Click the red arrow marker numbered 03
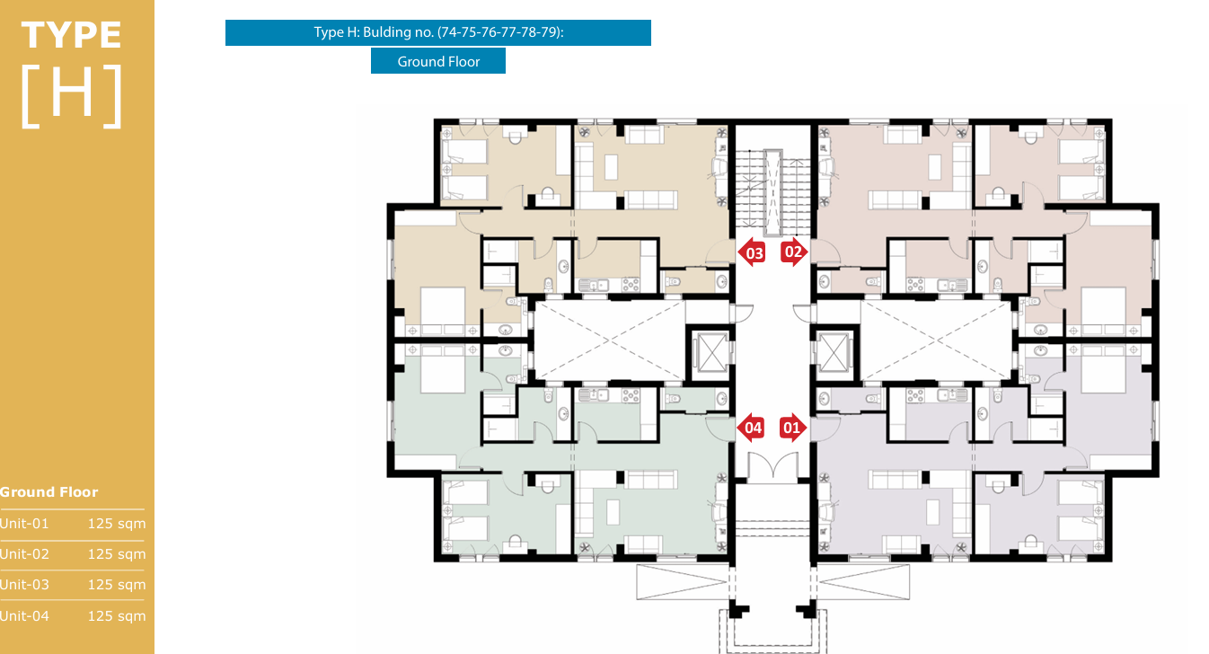tap(751, 252)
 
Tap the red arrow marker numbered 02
tap(794, 252)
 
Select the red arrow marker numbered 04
tap(750, 428)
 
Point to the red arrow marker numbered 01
tap(793, 428)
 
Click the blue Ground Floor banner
tap(438, 61)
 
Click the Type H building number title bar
tap(438, 32)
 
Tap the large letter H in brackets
tap(72, 96)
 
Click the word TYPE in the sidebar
tap(71, 35)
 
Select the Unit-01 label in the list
tap(24, 524)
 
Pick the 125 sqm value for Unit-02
tap(117, 554)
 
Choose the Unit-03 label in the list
tap(24, 585)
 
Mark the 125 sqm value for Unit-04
tap(117, 615)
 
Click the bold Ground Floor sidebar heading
tap(49, 492)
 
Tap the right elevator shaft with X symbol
tap(834, 353)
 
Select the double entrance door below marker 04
tap(772, 465)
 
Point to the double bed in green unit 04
tap(443, 370)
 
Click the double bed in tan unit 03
tap(443, 311)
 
